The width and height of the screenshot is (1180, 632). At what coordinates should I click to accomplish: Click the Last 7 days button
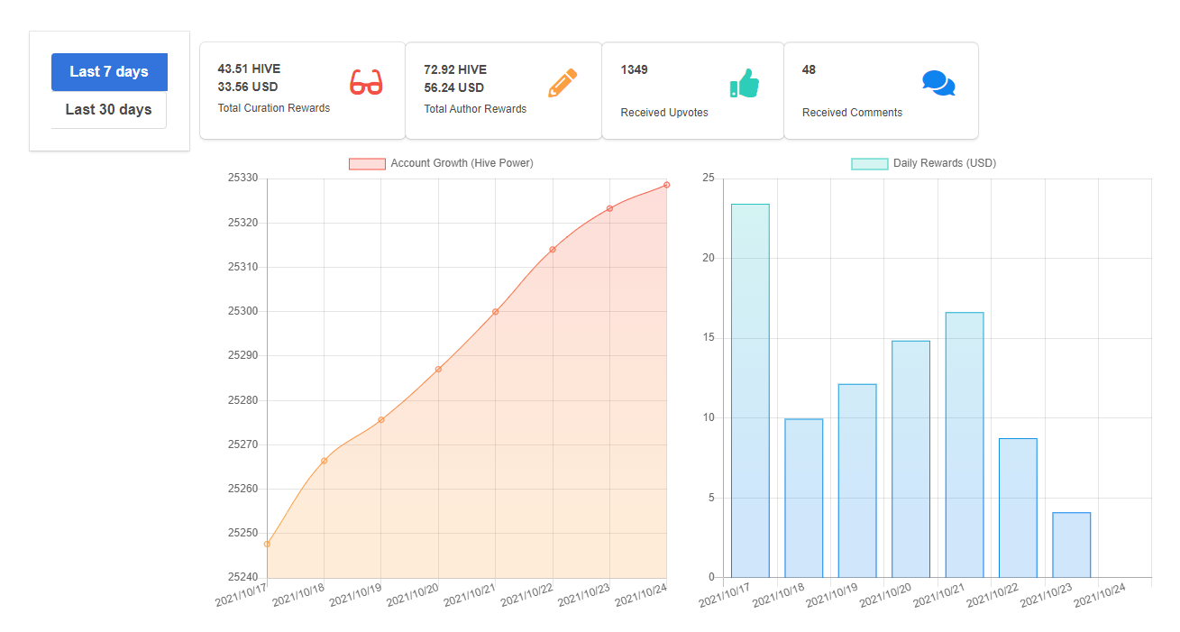110,71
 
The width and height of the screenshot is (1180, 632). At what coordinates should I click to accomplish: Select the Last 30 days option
109,110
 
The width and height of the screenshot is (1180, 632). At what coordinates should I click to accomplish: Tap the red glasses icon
366,82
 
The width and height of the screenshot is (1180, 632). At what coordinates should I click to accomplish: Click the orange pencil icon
563,83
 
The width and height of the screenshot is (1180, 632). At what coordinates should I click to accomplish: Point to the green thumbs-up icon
745,83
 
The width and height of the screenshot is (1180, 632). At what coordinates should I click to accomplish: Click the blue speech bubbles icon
938,83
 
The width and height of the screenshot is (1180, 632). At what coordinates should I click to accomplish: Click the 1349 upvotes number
634,70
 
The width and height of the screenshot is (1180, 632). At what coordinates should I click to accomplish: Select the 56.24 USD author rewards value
453,87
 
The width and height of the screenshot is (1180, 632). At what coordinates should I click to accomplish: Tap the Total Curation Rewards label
274,108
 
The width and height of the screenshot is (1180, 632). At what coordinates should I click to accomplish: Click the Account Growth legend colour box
367,164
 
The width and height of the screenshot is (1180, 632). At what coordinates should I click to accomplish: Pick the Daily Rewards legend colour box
870,164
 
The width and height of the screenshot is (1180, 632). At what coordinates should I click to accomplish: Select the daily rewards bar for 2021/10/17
750,390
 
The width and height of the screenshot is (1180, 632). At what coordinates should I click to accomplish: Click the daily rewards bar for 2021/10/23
1072,545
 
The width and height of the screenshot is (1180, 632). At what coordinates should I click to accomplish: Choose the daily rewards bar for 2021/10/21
965,445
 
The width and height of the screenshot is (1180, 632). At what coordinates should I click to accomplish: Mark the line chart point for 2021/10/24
666,185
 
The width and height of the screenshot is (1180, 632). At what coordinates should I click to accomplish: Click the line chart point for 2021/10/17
267,544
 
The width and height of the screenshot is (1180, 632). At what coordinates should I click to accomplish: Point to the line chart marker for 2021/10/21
495,312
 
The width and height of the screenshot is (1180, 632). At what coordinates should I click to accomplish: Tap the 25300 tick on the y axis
242,311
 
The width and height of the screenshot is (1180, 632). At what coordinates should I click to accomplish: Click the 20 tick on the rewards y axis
709,258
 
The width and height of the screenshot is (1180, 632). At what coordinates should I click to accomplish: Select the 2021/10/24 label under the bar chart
1100,595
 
